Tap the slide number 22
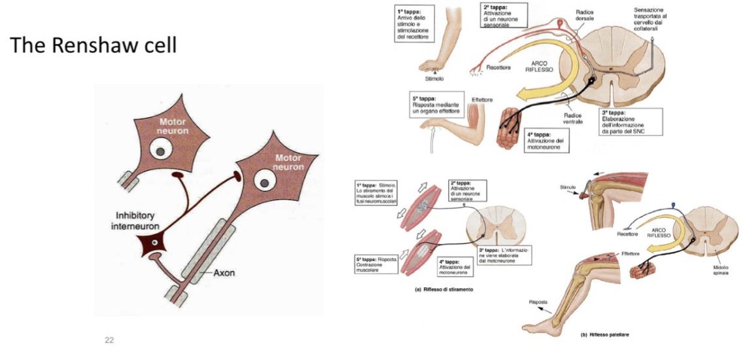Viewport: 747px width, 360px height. pyautogui.click(x=109, y=340)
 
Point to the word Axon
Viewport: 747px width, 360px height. pyautogui.click(x=224, y=275)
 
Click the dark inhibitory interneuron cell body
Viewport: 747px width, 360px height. pyautogui.click(x=154, y=243)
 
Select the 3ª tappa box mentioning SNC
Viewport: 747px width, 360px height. pyautogui.click(x=633, y=122)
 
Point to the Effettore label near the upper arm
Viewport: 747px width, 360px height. pyautogui.click(x=481, y=99)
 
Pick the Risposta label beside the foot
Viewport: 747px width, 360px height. pyautogui.click(x=538, y=301)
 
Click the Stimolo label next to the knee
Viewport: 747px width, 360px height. pyautogui.click(x=568, y=188)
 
